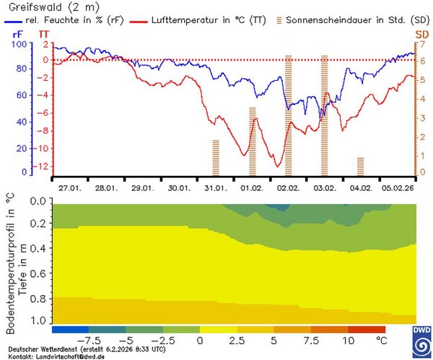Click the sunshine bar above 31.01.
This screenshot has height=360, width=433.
click(216, 158)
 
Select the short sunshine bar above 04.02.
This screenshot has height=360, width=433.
click(360, 166)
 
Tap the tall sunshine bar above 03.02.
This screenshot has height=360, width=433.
click(324, 115)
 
